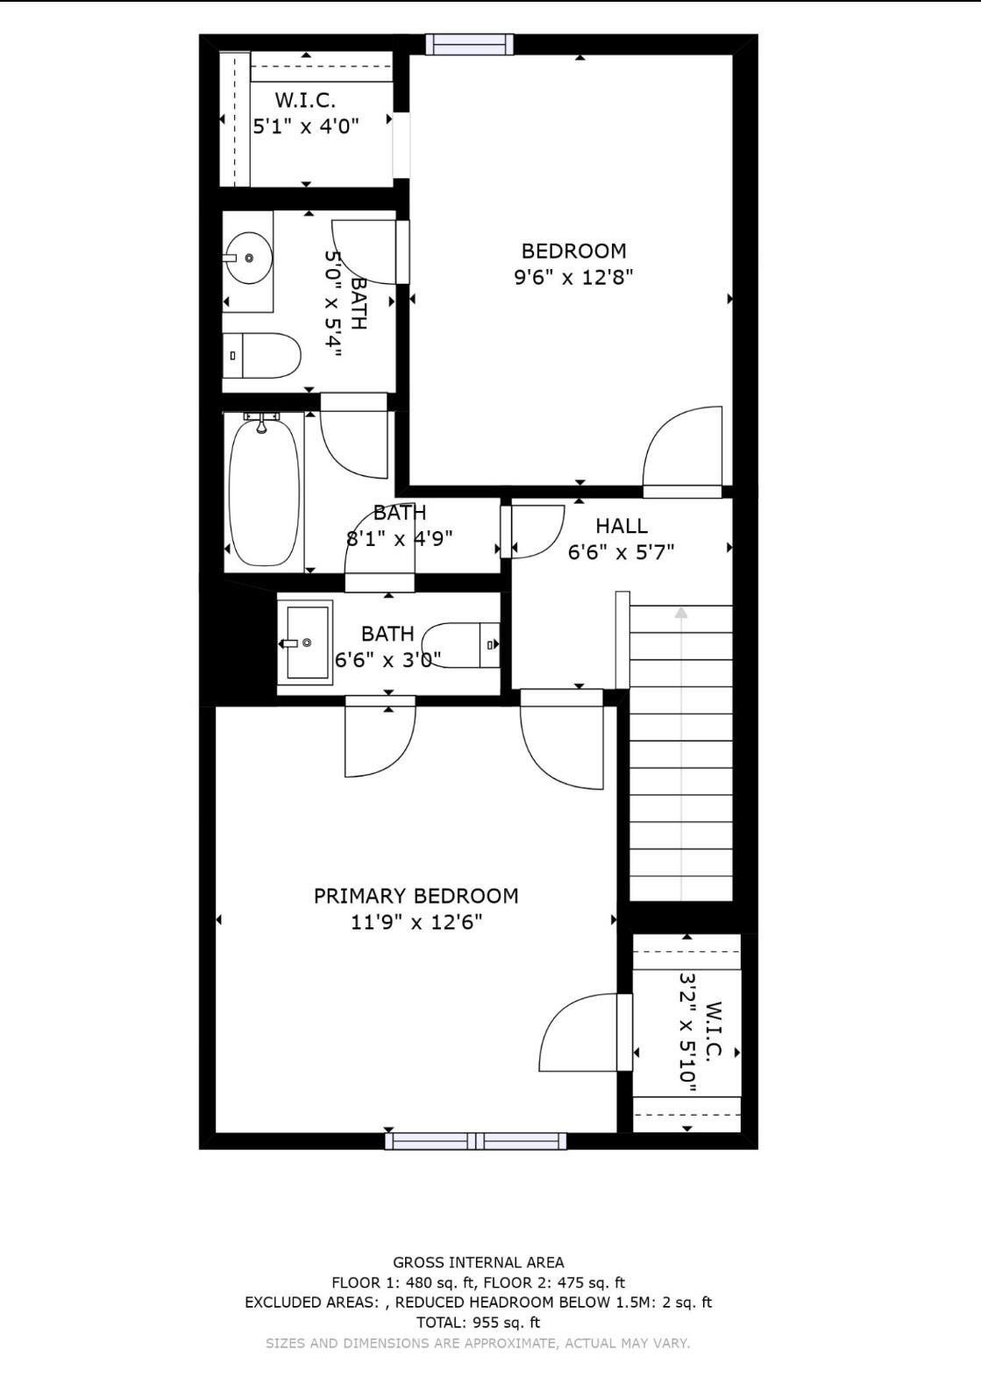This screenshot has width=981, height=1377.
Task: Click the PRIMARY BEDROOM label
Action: coord(416,896)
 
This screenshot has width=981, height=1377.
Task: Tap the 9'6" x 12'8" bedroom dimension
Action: coord(573,278)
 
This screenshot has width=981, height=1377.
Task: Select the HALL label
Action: coord(622,526)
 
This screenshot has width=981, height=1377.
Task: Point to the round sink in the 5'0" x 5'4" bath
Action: coord(249,258)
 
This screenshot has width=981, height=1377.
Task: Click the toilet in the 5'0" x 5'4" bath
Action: coord(263,355)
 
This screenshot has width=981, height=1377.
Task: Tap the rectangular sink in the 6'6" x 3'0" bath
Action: coord(305,642)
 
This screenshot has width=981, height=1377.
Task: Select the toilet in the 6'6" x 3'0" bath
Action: coord(462,645)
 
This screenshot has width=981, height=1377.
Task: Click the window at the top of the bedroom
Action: coord(469,44)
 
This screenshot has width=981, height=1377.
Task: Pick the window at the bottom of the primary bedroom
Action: coord(475,1140)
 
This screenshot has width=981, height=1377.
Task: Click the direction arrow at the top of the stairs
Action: coord(681,613)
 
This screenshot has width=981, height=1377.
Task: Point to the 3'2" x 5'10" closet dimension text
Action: coord(688,1032)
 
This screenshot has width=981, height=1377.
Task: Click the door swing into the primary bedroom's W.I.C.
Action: coord(579,1032)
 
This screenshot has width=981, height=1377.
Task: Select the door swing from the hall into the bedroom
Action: coord(684,449)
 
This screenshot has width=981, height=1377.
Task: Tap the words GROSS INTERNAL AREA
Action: coord(478,1262)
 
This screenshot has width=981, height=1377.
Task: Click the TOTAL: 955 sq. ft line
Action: coord(478,1323)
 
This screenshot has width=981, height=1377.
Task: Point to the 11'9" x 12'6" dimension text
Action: coord(416,922)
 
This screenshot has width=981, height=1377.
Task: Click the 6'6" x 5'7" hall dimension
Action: coord(622,552)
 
